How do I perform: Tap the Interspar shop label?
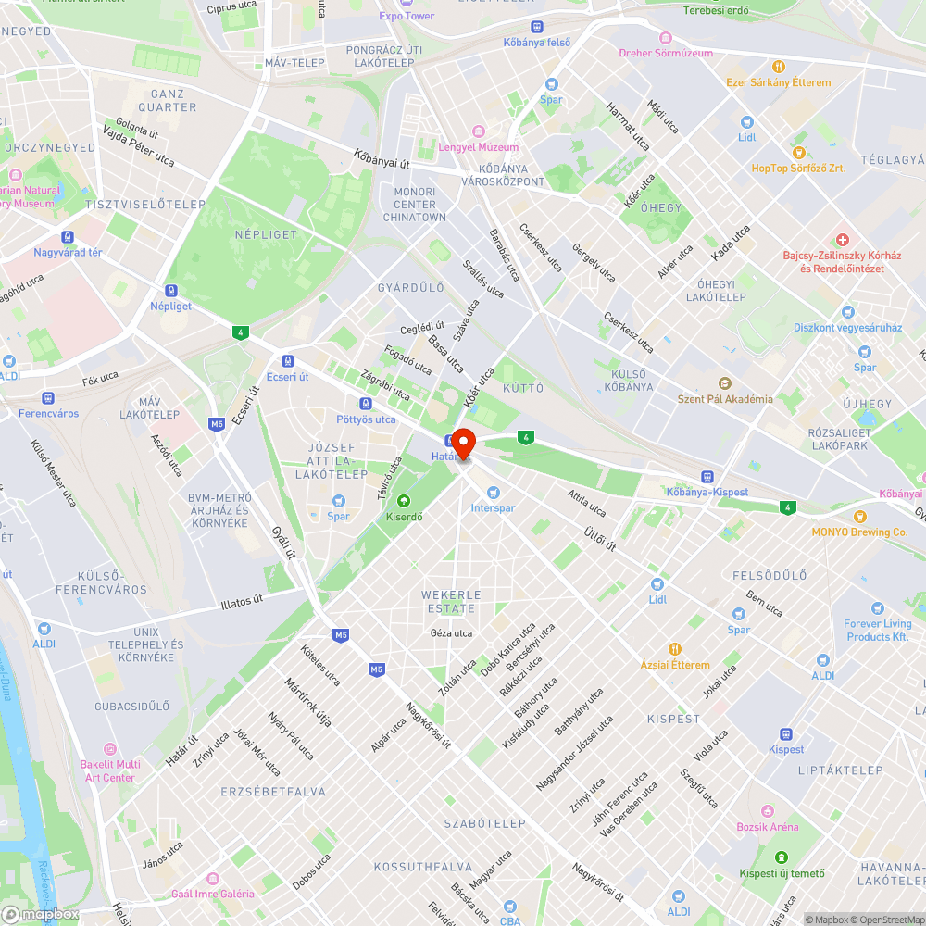[x=493, y=507]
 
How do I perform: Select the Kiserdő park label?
[x=404, y=516]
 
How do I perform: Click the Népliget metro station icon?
[x=170, y=290]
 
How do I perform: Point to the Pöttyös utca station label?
[x=366, y=419]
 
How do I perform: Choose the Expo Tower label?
[x=407, y=16]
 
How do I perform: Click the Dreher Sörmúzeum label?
[x=667, y=53]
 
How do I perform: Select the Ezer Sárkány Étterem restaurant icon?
[x=779, y=67]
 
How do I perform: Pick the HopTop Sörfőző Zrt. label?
[x=798, y=169]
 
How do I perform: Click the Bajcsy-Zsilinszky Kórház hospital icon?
[x=842, y=240]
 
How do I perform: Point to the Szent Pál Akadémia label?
[x=725, y=399]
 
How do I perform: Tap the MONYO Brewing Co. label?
[x=859, y=532]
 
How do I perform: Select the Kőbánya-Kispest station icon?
[x=707, y=476]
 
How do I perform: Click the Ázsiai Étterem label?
[x=675, y=665]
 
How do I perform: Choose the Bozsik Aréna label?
[x=767, y=827]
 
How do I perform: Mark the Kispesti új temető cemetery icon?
[x=782, y=857]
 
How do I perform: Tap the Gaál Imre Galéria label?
[x=213, y=894]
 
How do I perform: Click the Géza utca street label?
[x=452, y=633]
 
